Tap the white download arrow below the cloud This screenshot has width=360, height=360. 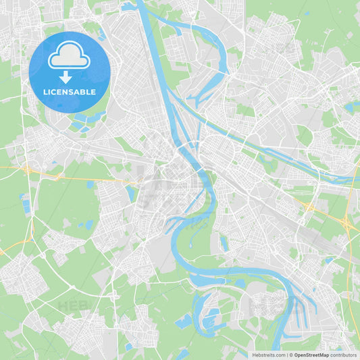[66, 78]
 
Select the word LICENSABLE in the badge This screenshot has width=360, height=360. [69, 92]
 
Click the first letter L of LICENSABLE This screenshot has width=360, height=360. [45, 92]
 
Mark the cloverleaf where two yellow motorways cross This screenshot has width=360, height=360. [308, 205]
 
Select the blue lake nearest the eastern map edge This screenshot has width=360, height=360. [351, 107]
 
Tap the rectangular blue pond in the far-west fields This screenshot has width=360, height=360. [26, 203]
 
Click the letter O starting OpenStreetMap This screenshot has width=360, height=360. [296, 354]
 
